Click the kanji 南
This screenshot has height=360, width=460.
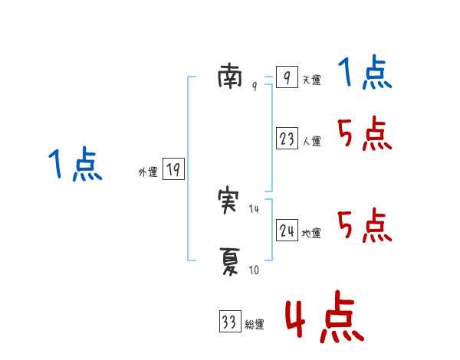(230, 76)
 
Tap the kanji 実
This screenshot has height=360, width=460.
(230, 201)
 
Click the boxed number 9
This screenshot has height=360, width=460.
(286, 77)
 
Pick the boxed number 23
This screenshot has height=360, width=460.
(287, 139)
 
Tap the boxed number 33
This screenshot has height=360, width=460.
(229, 322)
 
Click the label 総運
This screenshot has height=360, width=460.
(255, 325)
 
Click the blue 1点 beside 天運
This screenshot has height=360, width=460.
(365, 74)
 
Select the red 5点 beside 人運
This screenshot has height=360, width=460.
(365, 136)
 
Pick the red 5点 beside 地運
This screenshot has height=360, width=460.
(365, 226)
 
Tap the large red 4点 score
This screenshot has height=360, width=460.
(324, 319)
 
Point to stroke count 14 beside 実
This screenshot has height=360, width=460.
(255, 209)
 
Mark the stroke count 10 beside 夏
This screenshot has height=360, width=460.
(255, 270)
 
